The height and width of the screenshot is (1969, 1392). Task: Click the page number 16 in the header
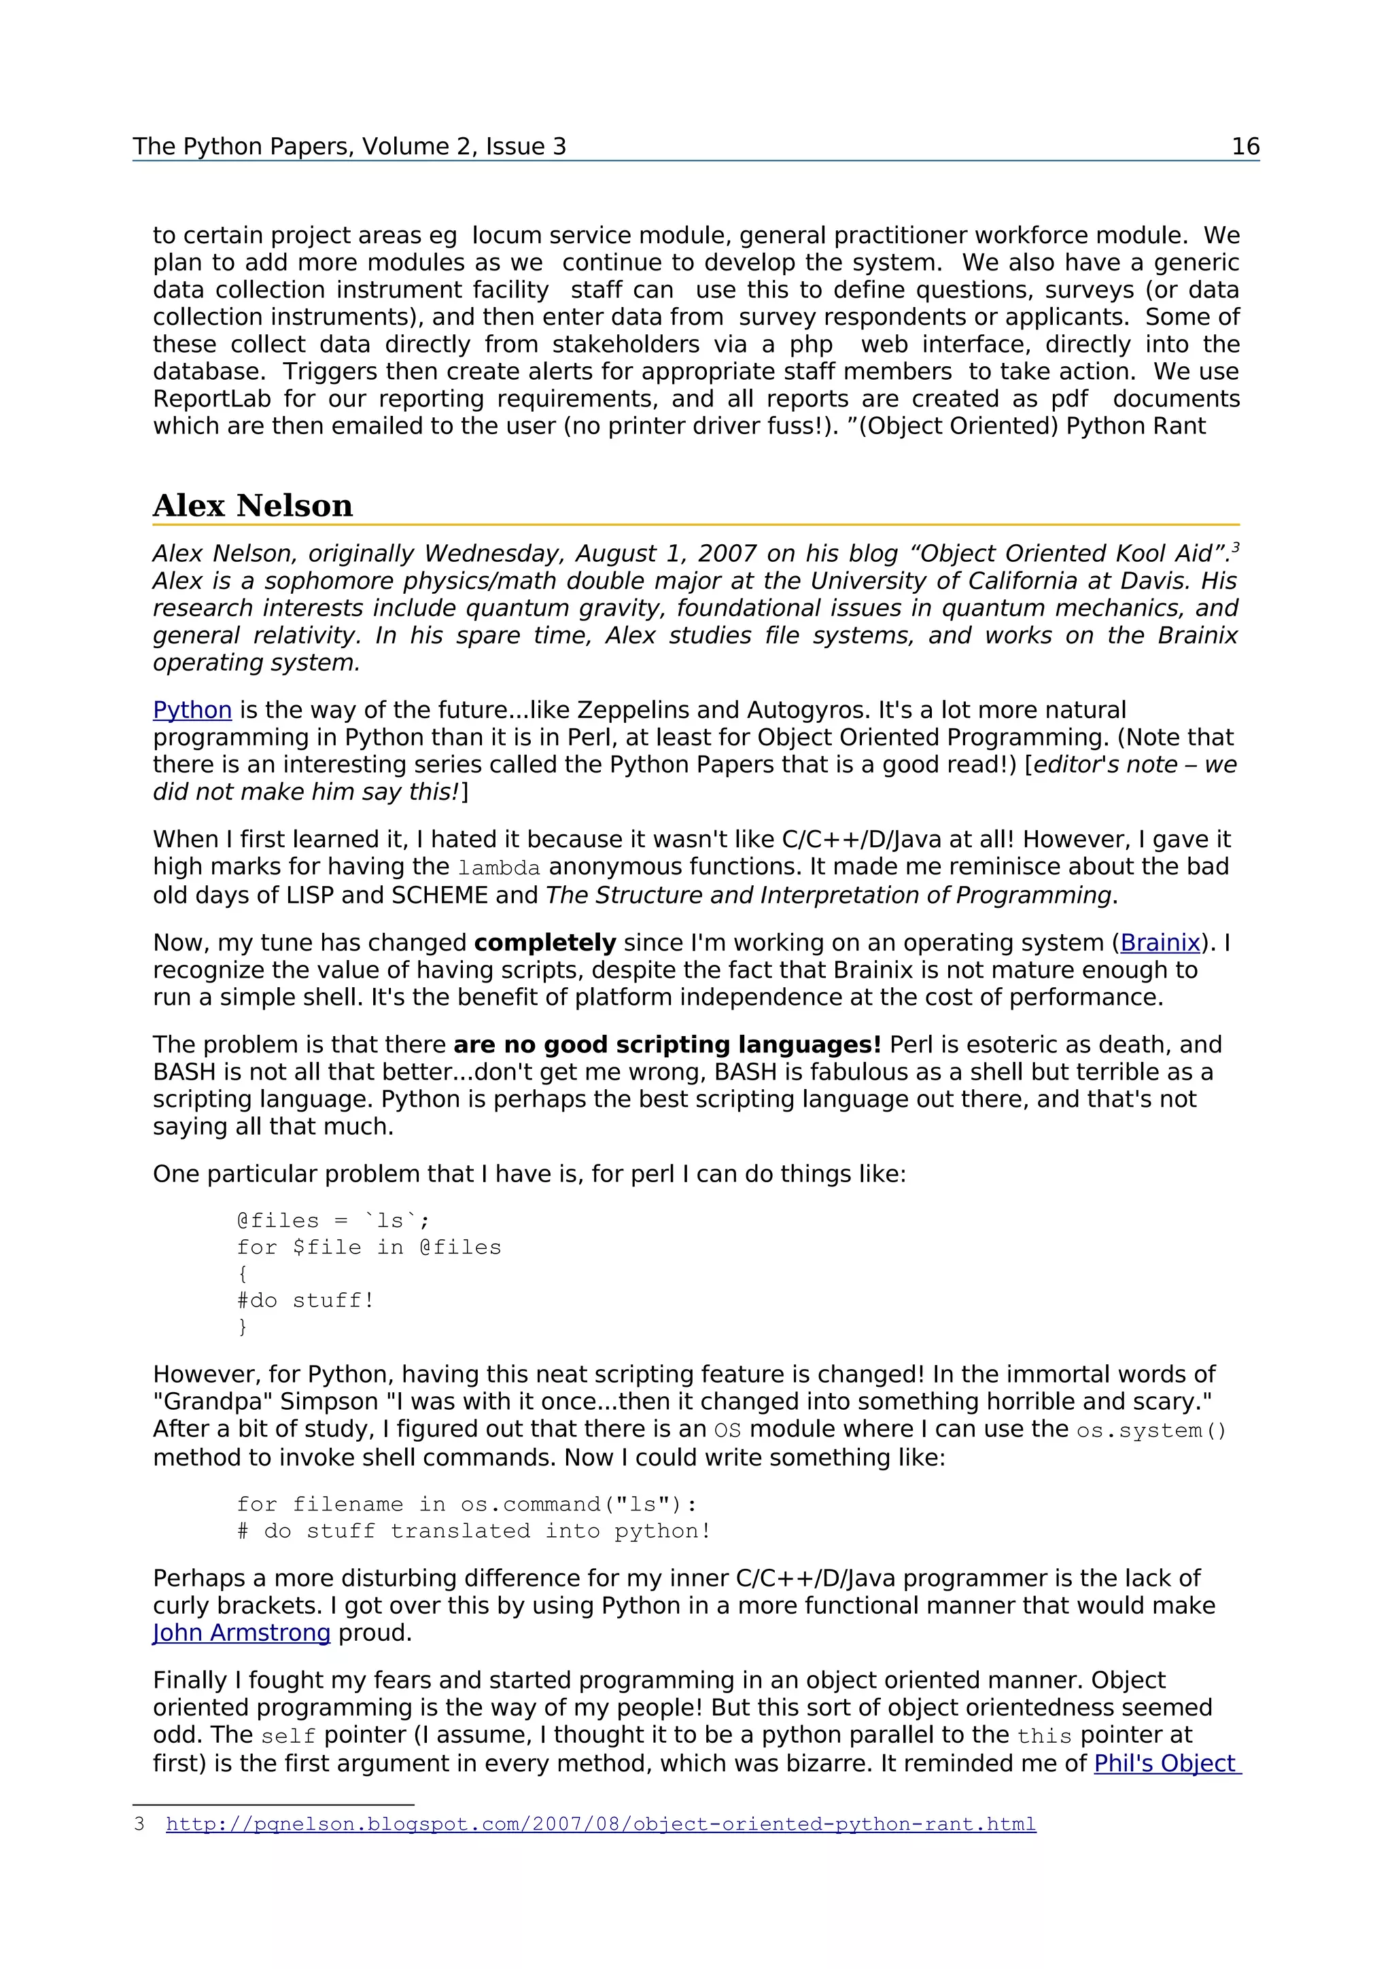[x=1245, y=147]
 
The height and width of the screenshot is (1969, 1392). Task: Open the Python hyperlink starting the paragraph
[x=192, y=710]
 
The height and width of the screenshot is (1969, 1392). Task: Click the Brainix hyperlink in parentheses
[x=1160, y=942]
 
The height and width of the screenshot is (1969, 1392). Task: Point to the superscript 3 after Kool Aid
[x=1235, y=547]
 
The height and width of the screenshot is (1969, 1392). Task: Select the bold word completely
[x=544, y=942]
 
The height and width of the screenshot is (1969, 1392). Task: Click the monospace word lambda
[x=499, y=869]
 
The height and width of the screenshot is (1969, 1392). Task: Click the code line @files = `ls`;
[x=334, y=1220]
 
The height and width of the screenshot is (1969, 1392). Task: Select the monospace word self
[x=288, y=1737]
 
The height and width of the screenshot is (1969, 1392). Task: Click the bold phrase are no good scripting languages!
[x=666, y=1044]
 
